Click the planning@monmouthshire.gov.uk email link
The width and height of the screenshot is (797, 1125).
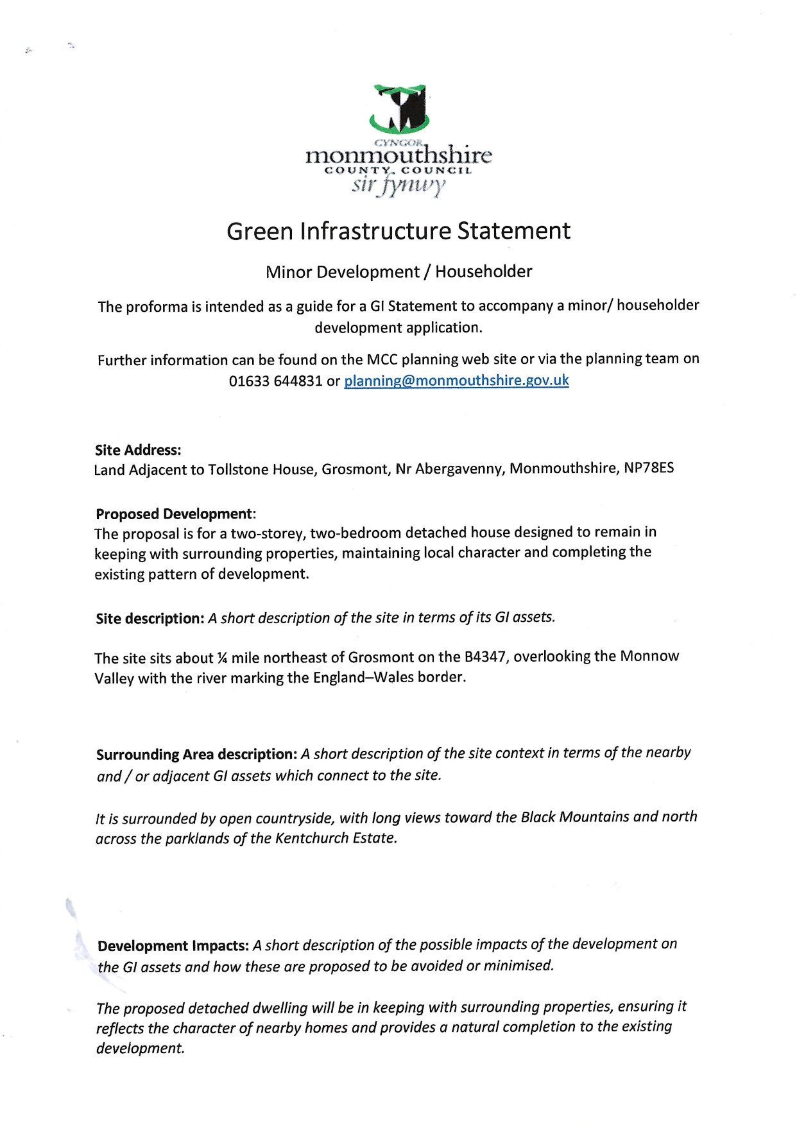456,381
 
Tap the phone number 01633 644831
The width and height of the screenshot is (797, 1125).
275,381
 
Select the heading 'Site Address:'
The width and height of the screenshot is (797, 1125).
138,450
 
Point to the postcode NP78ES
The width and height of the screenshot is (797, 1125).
649,468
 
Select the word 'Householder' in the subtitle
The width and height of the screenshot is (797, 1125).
484,271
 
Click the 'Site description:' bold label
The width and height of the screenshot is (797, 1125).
150,619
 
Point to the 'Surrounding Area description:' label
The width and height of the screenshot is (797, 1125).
196,754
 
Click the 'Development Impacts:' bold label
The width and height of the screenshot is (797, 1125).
173,946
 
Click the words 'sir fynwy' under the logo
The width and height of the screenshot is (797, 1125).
398,185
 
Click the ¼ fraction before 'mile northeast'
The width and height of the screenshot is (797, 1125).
222,658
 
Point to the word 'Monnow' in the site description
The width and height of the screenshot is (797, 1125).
649,656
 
